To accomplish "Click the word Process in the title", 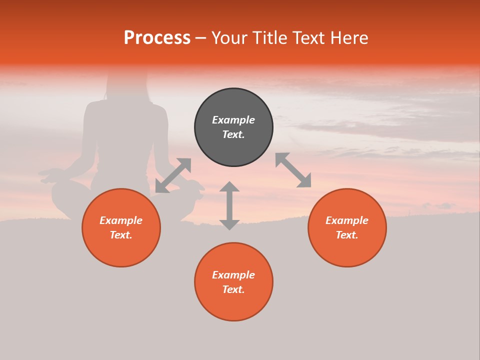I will point(157,38).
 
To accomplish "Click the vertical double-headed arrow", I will point(229,205).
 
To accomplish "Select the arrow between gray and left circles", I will point(173,175).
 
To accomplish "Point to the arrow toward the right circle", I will point(293,170).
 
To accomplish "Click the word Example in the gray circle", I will point(233,120).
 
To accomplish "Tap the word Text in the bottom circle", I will point(233,289).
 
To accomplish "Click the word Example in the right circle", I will point(347,220).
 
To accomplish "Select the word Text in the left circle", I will point(121,235).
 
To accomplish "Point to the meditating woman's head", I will point(127,82).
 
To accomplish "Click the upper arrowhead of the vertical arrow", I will point(229,187).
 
